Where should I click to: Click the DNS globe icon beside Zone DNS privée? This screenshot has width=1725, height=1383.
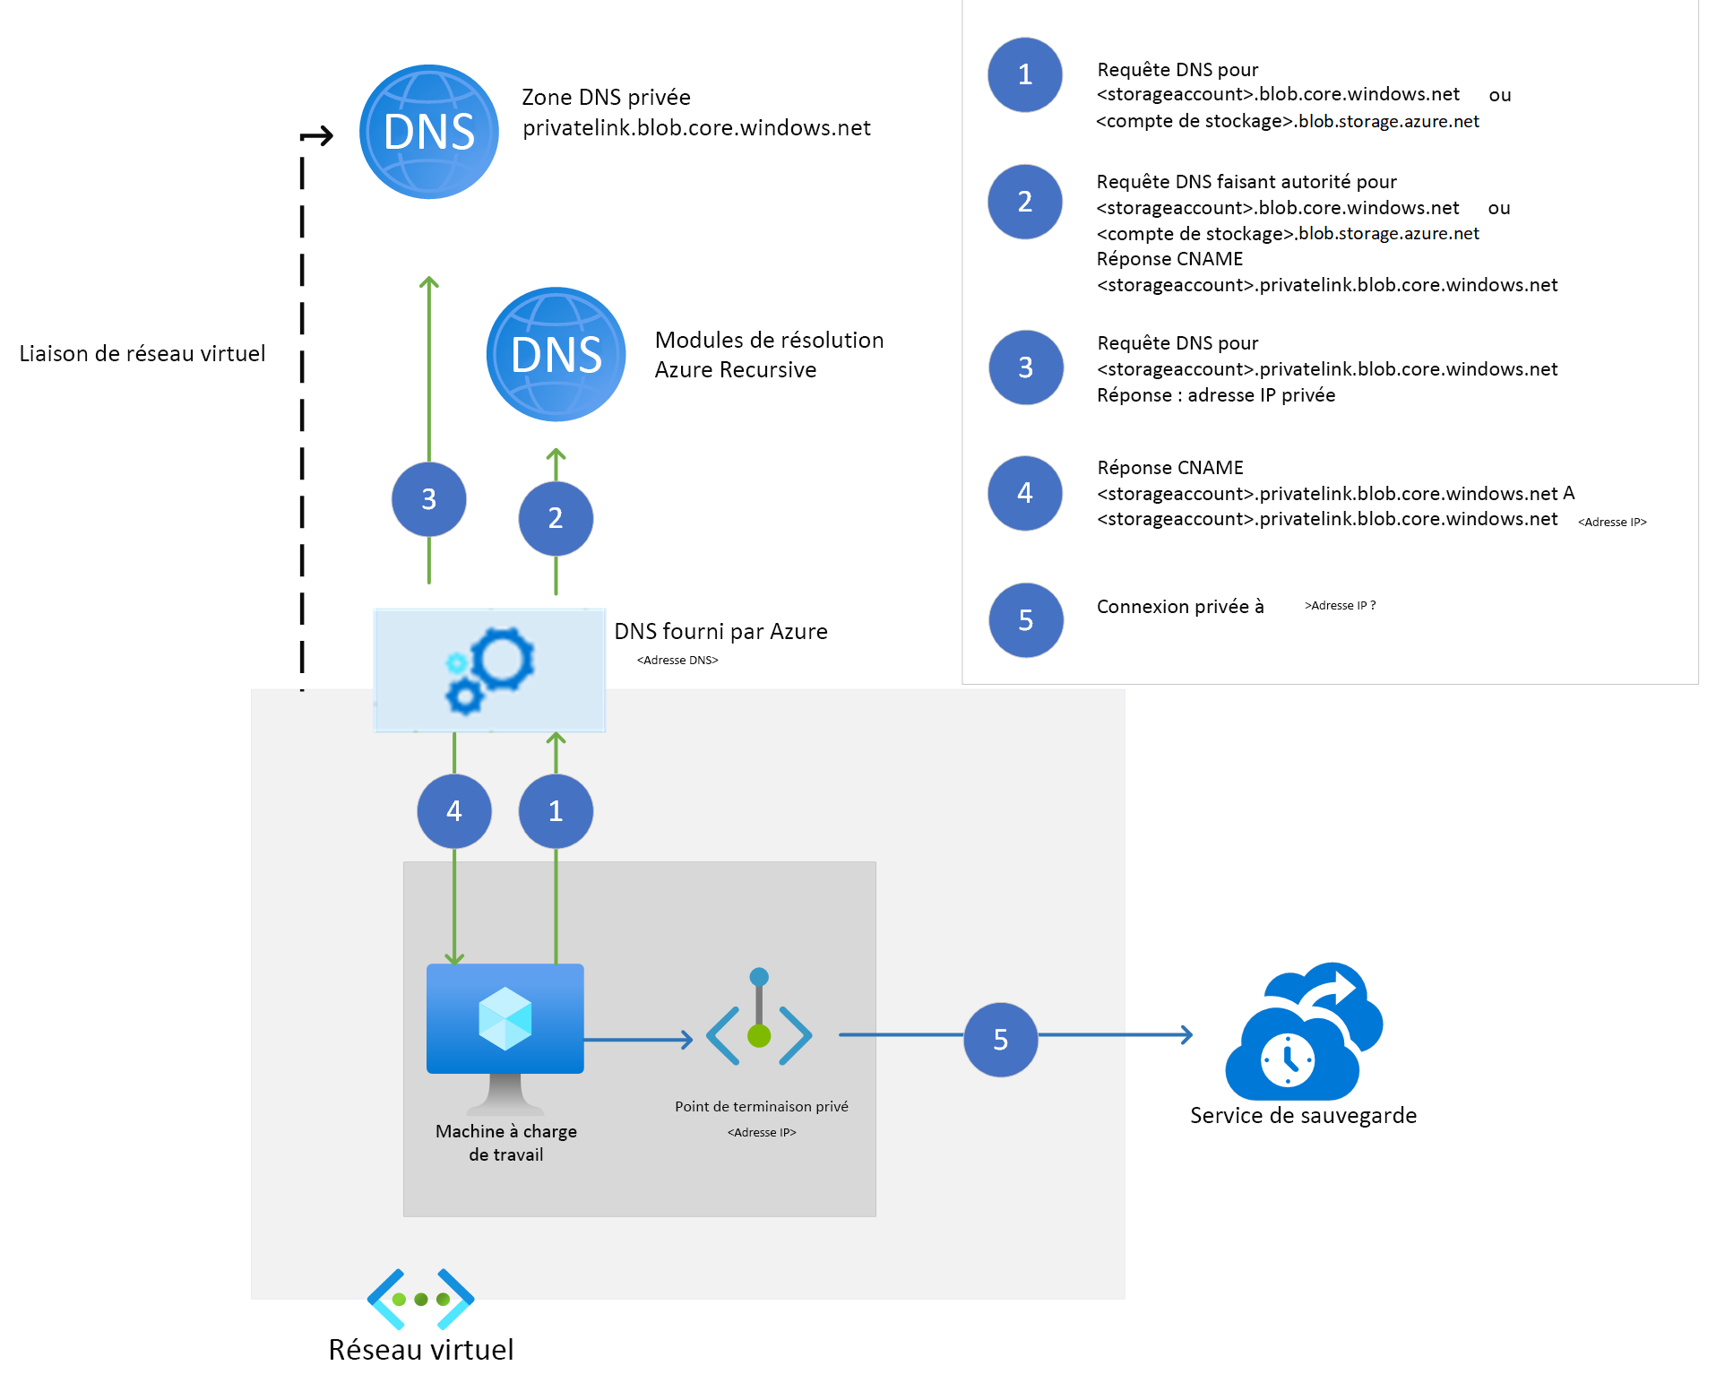click(428, 132)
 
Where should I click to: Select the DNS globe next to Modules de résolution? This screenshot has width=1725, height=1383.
click(556, 354)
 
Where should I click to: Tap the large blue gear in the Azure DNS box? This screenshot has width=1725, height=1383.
click(502, 659)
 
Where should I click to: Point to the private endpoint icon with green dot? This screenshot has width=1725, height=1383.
click(759, 1031)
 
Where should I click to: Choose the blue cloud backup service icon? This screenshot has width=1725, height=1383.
click(1303, 1035)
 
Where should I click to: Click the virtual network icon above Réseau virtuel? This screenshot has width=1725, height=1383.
click(420, 1299)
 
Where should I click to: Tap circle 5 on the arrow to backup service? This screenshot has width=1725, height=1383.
click(1000, 1039)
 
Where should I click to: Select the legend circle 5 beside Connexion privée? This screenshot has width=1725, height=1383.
click(1025, 619)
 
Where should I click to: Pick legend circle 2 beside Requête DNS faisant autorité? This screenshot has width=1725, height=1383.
click(1024, 202)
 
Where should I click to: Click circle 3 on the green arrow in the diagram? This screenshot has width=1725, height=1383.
click(428, 499)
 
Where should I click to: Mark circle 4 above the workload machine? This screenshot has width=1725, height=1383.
click(454, 811)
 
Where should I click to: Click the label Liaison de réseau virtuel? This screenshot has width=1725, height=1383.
click(142, 354)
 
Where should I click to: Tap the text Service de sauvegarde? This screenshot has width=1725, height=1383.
click(1303, 1116)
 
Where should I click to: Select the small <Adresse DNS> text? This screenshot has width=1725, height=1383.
click(677, 661)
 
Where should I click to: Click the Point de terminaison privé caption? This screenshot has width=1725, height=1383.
click(761, 1107)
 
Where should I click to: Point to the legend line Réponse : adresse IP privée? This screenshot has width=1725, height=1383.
click(1215, 395)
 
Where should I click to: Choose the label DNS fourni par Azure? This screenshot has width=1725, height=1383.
click(720, 632)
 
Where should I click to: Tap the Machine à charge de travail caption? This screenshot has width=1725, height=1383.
click(505, 1143)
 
